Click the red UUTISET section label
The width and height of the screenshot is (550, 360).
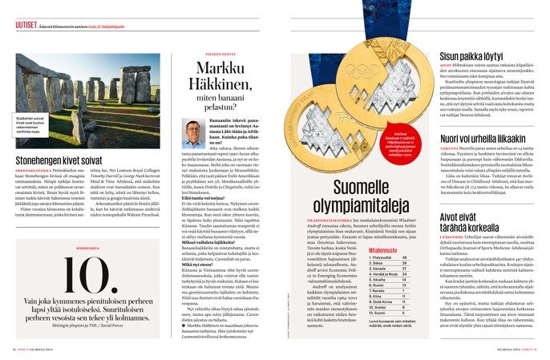(26, 25)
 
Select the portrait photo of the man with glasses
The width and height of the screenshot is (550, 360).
(193, 134)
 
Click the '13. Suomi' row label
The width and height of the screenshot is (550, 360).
(384, 337)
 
